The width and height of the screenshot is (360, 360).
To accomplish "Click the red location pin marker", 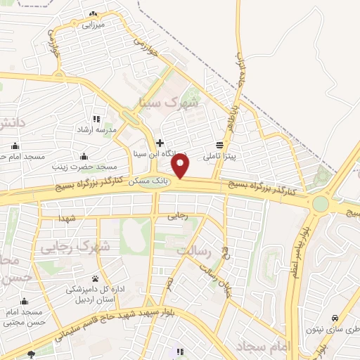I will (x=181, y=166).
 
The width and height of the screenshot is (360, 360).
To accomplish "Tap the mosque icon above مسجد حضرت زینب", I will (x=84, y=156).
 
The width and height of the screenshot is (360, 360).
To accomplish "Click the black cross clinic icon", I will (x=160, y=143).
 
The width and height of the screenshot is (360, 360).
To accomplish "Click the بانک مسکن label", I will (x=150, y=181).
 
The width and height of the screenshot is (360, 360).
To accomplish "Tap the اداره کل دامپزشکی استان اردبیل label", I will (x=96, y=294).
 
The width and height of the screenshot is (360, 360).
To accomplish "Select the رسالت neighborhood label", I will (x=194, y=252).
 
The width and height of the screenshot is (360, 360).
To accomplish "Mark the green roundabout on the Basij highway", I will (x=321, y=204).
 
